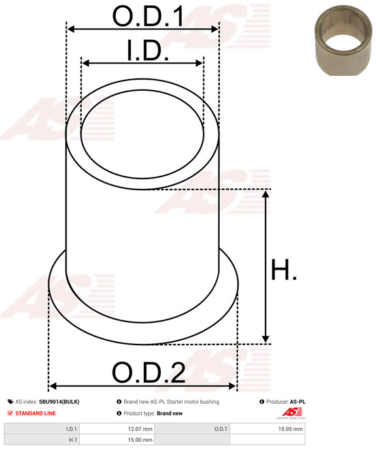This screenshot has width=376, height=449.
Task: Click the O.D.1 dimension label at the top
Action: coord(148,16)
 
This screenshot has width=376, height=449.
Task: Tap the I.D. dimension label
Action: coord(148,50)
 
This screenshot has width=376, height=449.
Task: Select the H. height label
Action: coord(283,269)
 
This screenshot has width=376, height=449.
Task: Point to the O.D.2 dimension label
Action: coord(148,373)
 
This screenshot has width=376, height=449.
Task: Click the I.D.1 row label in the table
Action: coord(71,429)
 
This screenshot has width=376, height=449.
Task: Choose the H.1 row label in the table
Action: coord(73,440)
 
